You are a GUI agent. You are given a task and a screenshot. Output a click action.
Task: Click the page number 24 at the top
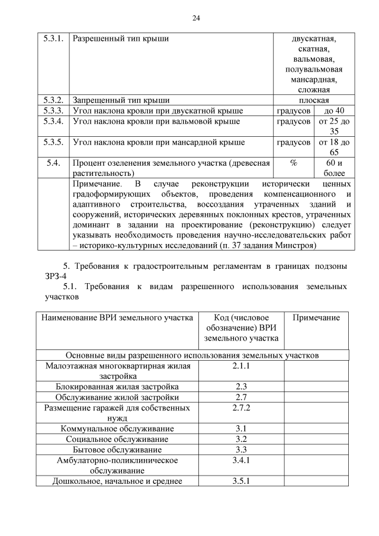[196, 18]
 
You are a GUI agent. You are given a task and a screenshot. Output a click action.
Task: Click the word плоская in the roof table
[314, 100]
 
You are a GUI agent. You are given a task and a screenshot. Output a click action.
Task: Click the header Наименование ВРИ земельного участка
[117, 318]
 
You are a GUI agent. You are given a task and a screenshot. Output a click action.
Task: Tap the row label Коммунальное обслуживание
[117, 428]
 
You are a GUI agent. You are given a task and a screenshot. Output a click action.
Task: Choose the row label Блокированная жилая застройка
[117, 386]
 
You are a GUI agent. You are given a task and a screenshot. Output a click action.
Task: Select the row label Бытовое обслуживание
[117, 450]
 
